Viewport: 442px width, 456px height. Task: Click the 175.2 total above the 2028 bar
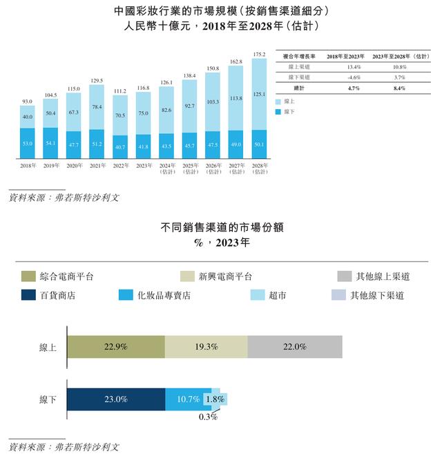pyautogui.click(x=260, y=54)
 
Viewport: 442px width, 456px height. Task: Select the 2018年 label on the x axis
pyautogui.click(x=28, y=167)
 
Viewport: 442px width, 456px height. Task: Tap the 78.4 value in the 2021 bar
pyautogui.click(x=97, y=106)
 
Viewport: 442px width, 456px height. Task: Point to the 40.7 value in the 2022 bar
pyautogui.click(x=120, y=147)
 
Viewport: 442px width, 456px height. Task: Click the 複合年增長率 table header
pyautogui.click(x=300, y=55)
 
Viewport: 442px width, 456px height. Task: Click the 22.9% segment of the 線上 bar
pyautogui.click(x=115, y=347)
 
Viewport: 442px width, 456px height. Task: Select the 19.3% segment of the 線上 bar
pyautogui.click(x=206, y=347)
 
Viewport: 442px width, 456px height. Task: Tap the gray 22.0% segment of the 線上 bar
pyautogui.click(x=294, y=347)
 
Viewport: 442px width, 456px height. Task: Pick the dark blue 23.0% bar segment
pyautogui.click(x=115, y=399)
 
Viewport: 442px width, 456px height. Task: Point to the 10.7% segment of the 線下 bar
pyautogui.click(x=188, y=399)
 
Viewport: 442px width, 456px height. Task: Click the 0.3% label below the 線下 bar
pyautogui.click(x=207, y=417)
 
